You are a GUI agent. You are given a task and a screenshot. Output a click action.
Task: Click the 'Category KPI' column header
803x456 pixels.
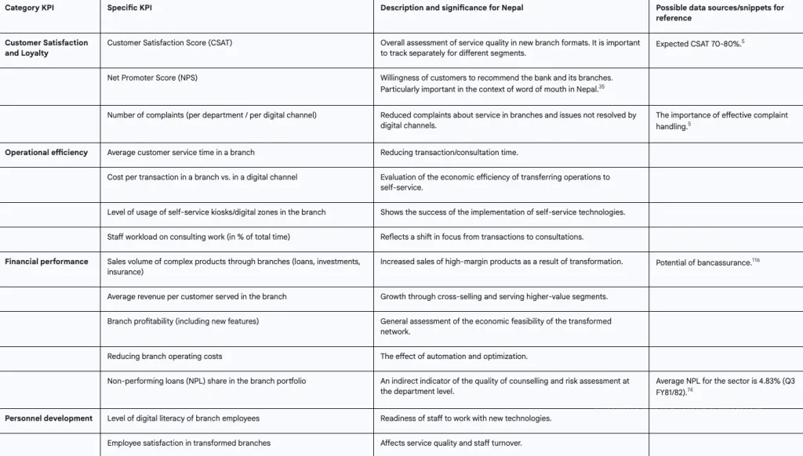coord(29,8)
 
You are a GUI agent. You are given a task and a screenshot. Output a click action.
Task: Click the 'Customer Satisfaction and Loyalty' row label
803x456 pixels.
coord(46,48)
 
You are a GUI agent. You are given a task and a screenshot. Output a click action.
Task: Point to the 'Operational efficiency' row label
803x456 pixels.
coord(46,152)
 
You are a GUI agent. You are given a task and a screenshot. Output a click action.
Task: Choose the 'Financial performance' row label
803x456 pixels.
coord(46,262)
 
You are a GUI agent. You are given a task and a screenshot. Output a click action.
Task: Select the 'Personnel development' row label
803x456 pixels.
coord(49,418)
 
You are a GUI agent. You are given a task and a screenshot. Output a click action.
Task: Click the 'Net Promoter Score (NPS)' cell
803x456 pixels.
coord(152,78)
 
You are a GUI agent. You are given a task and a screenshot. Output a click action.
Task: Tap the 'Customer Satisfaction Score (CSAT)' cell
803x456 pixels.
coord(169,43)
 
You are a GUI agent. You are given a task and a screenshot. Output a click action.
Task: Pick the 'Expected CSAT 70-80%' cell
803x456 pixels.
coord(698,44)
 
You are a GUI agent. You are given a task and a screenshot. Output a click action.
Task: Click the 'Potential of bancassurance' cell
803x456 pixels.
coord(703,262)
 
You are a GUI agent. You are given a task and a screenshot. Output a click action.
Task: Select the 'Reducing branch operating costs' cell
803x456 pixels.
coord(165,356)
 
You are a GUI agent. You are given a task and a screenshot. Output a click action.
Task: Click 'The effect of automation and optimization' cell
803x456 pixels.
coord(454,356)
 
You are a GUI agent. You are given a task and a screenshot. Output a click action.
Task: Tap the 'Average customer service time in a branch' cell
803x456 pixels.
coord(181,152)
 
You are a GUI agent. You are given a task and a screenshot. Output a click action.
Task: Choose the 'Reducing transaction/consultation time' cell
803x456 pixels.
coord(449,152)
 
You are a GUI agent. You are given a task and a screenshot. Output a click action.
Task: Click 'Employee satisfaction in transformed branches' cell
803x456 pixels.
coord(189,443)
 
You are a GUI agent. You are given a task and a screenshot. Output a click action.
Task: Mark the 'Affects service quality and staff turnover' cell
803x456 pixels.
coord(451,443)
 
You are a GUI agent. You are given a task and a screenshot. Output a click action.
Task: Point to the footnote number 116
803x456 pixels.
coord(756,259)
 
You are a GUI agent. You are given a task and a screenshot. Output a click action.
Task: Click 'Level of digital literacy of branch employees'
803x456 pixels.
coord(183,418)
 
